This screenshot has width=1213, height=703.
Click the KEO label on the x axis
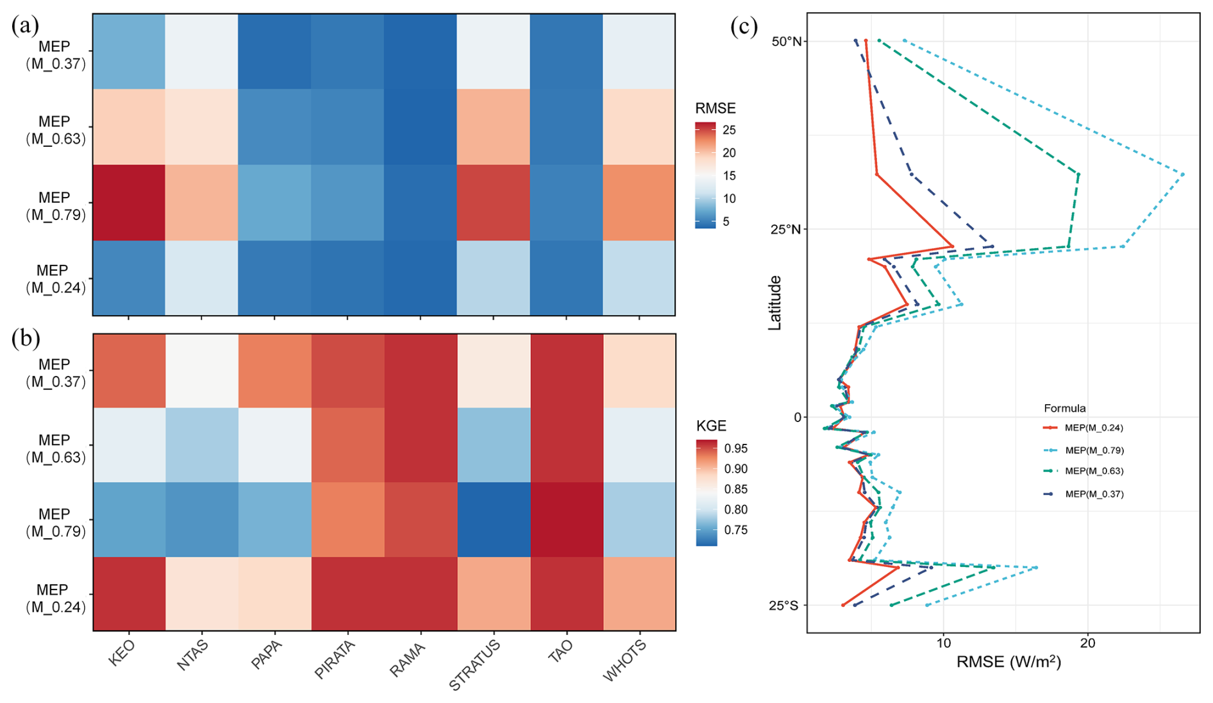tap(122, 654)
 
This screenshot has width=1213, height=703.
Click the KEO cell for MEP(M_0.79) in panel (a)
tap(129, 203)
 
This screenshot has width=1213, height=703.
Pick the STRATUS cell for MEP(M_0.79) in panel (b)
tap(494, 520)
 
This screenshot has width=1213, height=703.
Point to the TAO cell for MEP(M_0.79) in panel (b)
tap(567, 520)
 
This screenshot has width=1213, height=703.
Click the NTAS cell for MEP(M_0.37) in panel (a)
tap(201, 51)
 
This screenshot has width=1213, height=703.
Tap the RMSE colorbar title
tap(715, 108)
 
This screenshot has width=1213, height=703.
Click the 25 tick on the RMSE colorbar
tap(729, 130)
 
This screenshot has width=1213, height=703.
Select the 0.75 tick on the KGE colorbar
tap(735, 530)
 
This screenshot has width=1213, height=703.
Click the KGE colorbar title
tap(711, 426)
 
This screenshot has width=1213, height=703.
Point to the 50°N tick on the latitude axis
tap(787, 41)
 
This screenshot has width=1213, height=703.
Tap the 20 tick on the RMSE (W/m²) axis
tap(1088, 643)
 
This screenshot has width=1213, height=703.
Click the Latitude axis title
tap(775, 303)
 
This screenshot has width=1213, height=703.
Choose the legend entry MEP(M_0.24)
tap(1094, 428)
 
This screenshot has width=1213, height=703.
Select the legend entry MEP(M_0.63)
tap(1094, 471)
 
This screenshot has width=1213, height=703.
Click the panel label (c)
tap(744, 27)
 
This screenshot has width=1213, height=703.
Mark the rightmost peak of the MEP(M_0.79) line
tap(1182, 174)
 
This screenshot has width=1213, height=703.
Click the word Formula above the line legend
tap(1064, 409)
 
